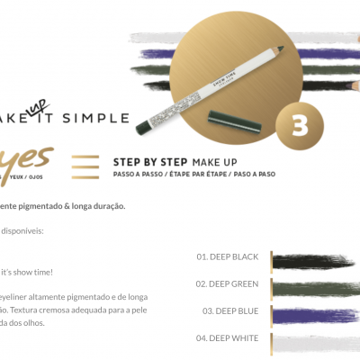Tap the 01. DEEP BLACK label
coord(228,256)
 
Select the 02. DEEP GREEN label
coord(228,283)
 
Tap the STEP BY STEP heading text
coord(149,161)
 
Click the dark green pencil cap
coord(230,114)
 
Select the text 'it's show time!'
coord(27,272)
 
